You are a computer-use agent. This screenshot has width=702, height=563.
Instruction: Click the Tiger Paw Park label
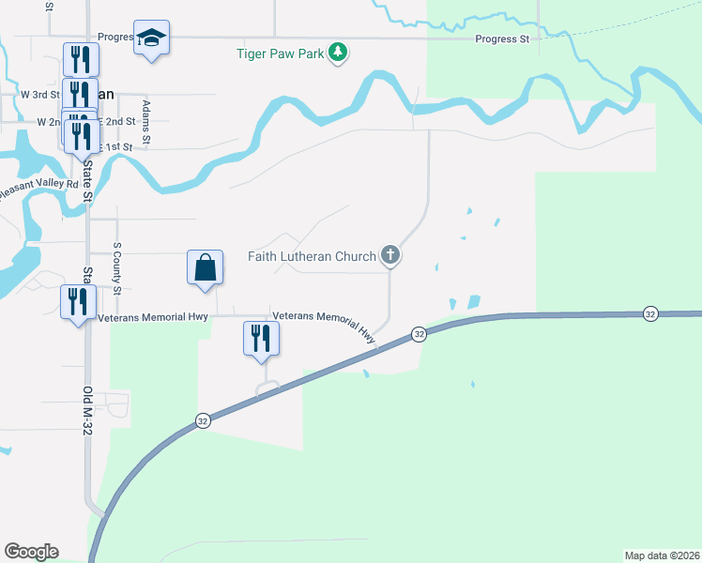[x=279, y=53]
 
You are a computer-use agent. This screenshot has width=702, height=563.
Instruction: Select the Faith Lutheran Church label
[x=312, y=255]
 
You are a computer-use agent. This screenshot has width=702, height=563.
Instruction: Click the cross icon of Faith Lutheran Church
[x=390, y=255]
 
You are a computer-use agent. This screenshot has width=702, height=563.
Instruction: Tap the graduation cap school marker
[x=151, y=38]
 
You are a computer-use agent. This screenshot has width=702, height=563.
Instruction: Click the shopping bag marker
[x=205, y=268]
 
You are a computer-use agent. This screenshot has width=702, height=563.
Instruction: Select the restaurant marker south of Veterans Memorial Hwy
[x=262, y=339]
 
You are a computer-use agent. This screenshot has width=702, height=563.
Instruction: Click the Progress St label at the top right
[x=502, y=39]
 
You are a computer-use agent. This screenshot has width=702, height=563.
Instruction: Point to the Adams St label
[x=146, y=123]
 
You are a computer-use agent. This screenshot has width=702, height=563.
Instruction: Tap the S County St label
[x=117, y=268]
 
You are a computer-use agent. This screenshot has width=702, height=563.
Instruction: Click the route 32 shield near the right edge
[x=650, y=313]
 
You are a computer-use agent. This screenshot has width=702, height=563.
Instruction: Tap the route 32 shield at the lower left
[x=202, y=421]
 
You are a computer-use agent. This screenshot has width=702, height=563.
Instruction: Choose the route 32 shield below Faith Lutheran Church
[x=419, y=334]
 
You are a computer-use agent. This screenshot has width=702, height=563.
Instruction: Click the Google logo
[x=31, y=552]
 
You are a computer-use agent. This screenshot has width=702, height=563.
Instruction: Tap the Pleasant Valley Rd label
[x=39, y=185]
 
